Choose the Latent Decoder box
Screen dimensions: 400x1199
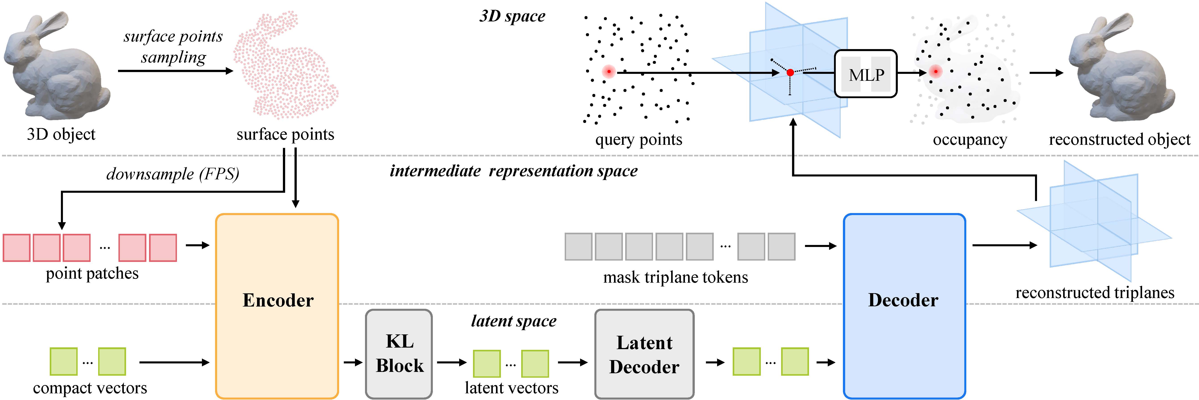pos(644,354)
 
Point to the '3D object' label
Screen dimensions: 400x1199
pos(61,134)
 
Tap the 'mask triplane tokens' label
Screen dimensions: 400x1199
pos(675,277)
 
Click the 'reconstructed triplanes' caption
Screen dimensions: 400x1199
pos(1095,292)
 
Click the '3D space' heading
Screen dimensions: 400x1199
pos(512,16)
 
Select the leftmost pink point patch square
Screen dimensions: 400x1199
pos(17,248)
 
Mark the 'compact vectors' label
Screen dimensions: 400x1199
pos(90,388)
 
